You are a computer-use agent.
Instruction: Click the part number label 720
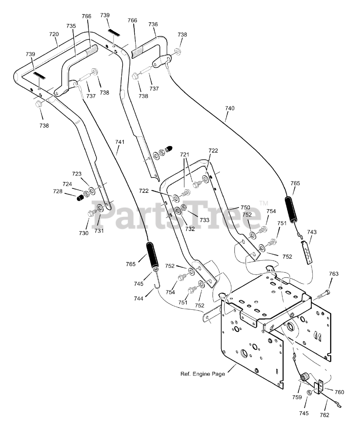(x=54, y=34)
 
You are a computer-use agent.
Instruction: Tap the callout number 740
(x=230, y=108)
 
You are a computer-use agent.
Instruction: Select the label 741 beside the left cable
(x=120, y=142)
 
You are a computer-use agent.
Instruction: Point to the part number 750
(x=245, y=207)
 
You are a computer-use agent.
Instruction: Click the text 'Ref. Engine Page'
(x=203, y=374)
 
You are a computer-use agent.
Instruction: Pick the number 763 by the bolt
(x=334, y=274)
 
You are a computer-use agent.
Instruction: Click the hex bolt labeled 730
(x=91, y=213)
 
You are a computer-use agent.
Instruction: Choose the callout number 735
(x=71, y=26)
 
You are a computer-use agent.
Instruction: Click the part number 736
(x=153, y=24)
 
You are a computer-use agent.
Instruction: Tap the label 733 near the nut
(x=205, y=220)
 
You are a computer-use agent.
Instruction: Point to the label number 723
(x=77, y=174)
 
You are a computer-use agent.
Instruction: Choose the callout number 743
(x=312, y=232)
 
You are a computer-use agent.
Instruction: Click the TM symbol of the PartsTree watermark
(x=264, y=203)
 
